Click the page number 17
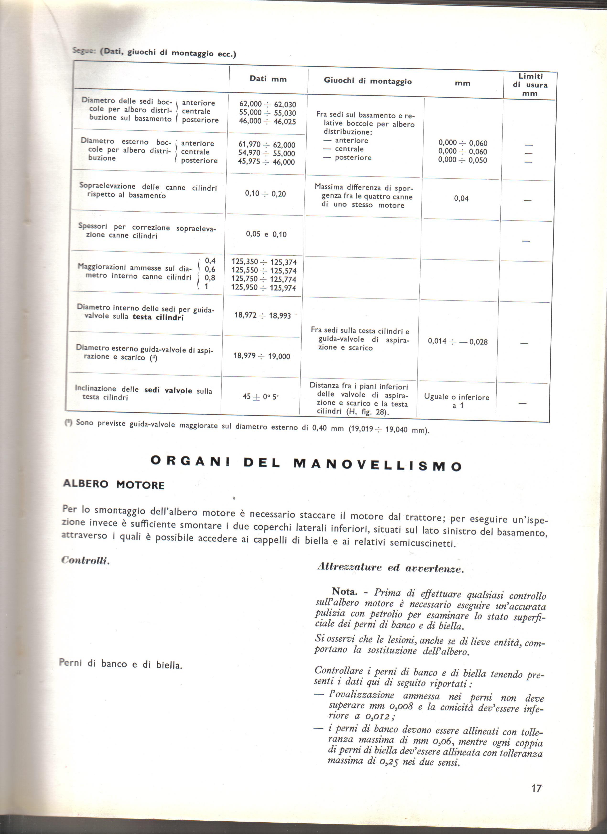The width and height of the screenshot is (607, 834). click(x=536, y=788)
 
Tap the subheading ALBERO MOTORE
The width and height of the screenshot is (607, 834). click(x=114, y=484)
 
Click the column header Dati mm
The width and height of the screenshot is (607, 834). click(x=268, y=79)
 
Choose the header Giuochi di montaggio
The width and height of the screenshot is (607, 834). click(x=368, y=81)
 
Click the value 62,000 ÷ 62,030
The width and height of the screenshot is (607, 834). click(x=267, y=104)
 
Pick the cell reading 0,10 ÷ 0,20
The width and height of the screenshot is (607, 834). click(x=265, y=194)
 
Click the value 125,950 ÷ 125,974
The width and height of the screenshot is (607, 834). click(x=263, y=288)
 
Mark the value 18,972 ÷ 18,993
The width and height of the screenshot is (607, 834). click(x=263, y=315)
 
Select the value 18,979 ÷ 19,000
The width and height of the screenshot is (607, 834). click(x=262, y=356)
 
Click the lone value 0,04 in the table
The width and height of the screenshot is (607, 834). click(x=461, y=198)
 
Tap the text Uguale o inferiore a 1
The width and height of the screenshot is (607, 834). click(x=456, y=401)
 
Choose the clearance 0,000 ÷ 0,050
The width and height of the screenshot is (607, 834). click(x=462, y=160)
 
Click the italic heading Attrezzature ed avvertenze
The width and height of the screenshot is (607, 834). click(x=390, y=568)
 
